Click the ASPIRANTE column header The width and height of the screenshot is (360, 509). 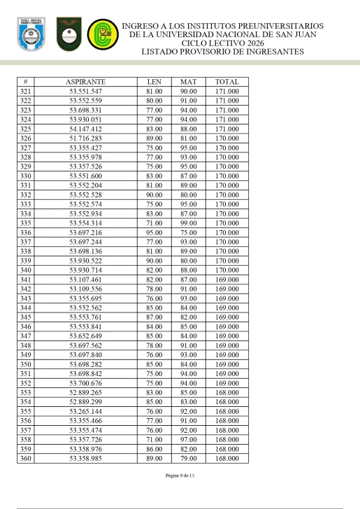click(x=86, y=82)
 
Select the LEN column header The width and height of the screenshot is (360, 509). click(x=154, y=82)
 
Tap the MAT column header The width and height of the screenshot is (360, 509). click(x=188, y=82)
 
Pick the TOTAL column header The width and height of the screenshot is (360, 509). click(x=226, y=82)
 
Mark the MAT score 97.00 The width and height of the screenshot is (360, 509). click(x=188, y=438)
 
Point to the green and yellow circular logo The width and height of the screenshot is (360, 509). click(x=101, y=36)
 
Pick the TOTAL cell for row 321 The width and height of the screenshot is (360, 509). click(x=226, y=92)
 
